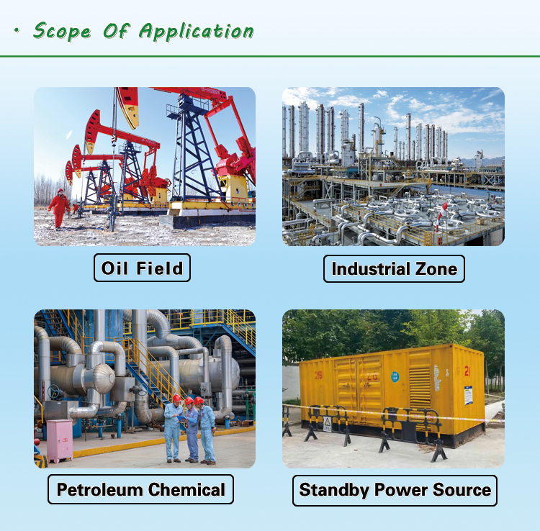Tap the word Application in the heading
pyautogui.click(x=197, y=31)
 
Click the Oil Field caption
pyautogui.click(x=143, y=268)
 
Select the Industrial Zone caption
pyautogui.click(x=394, y=269)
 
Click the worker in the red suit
pyautogui.click(x=58, y=207)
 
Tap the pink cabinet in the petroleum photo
pyautogui.click(x=59, y=440)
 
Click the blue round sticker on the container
pyautogui.click(x=395, y=376)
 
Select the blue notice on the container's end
pyautogui.click(x=469, y=395)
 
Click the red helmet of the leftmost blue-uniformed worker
pyautogui.click(x=176, y=397)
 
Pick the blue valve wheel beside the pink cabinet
pyautogui.click(x=53, y=392)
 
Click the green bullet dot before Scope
pyautogui.click(x=17, y=31)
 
